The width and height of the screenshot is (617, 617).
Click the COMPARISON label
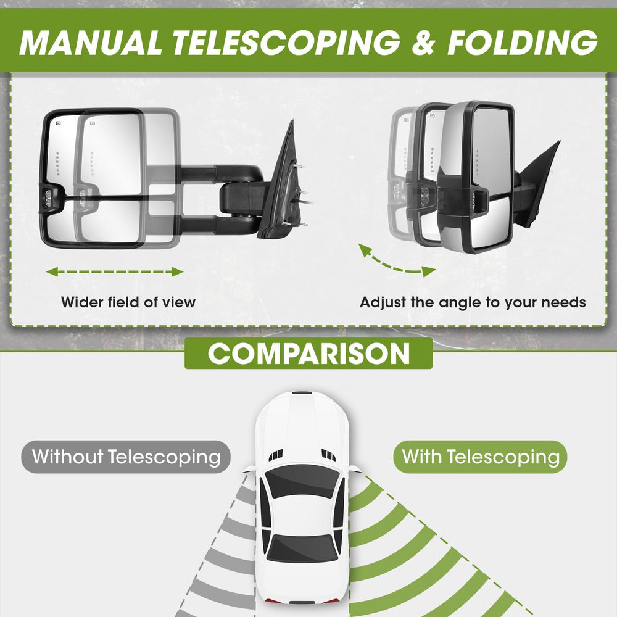[308, 354]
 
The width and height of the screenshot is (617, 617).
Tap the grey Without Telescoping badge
[126, 457]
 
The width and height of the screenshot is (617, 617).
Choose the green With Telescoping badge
[480, 457]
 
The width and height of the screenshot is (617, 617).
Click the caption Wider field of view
[128, 302]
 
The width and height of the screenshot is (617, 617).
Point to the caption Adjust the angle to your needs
[473, 302]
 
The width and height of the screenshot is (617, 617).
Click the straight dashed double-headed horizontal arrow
[115, 271]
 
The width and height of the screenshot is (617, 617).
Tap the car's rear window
[302, 548]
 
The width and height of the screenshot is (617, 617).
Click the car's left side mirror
[249, 469]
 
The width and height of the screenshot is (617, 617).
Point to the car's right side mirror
[354, 469]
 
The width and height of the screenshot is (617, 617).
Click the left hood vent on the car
[276, 455]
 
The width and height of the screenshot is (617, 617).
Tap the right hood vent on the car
[329, 455]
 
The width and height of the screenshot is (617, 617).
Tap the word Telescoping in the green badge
[503, 457]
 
